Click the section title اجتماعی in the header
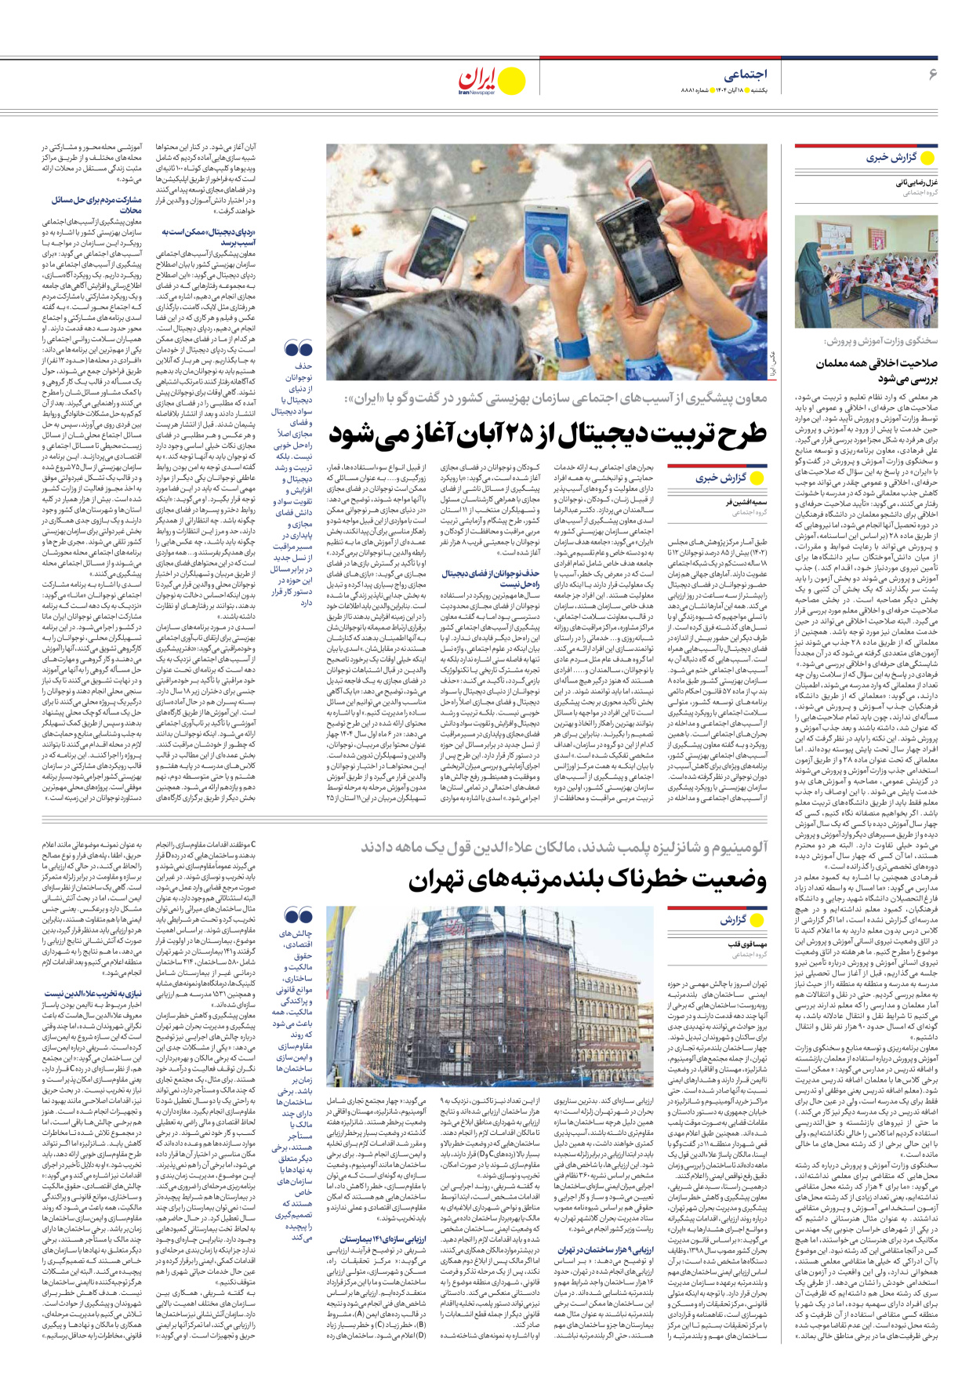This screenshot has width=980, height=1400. coord(744,75)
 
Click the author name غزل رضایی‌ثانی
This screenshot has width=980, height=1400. coord(916,182)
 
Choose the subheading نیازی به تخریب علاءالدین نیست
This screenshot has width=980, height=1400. coord(93,994)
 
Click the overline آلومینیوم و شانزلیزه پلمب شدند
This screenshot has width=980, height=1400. coord(564,847)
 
